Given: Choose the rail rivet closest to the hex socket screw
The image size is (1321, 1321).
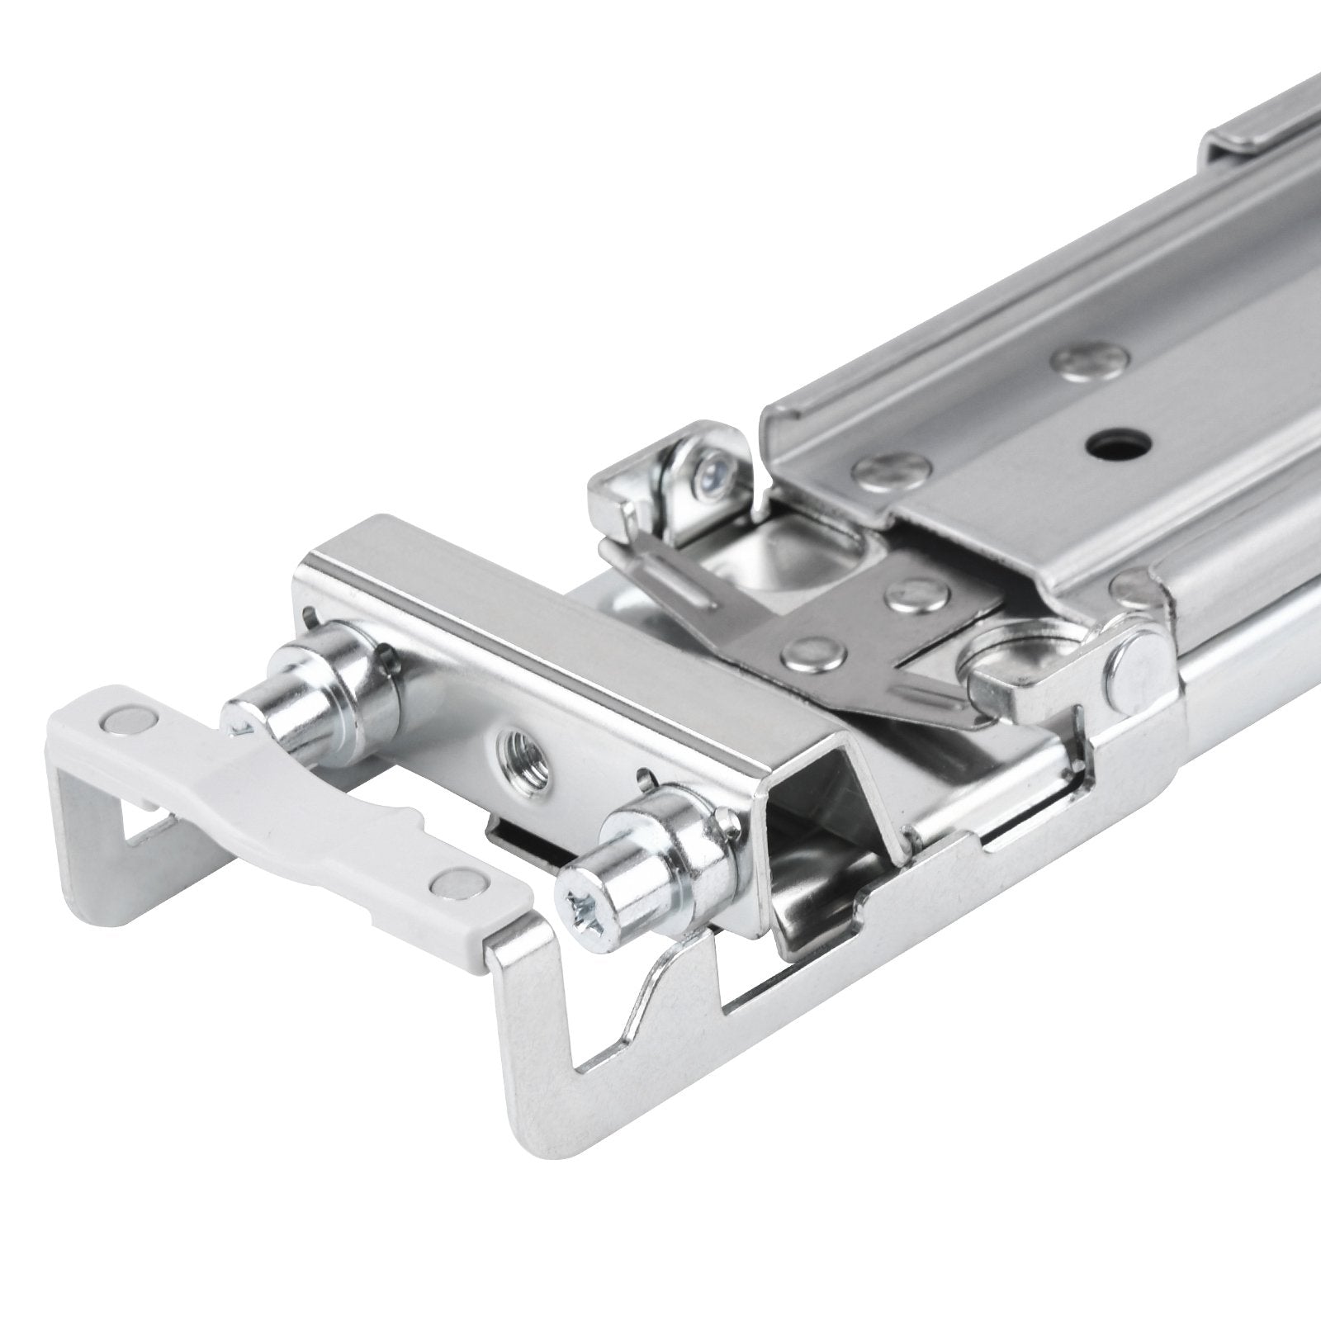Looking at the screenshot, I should coord(880,471).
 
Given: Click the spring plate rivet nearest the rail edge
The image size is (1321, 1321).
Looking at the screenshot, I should coord(913,589).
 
